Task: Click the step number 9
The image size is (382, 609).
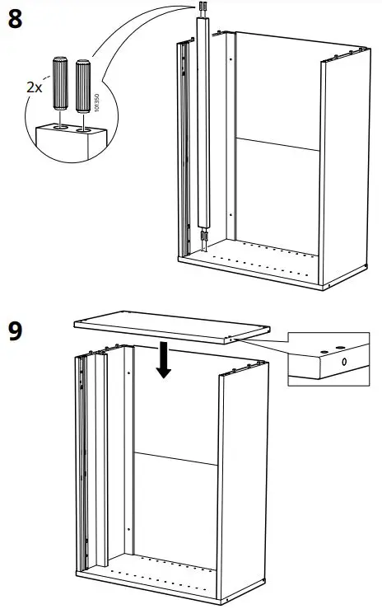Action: tap(15, 332)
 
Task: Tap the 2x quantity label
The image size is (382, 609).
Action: tap(32, 85)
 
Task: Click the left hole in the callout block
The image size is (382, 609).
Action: tap(60, 128)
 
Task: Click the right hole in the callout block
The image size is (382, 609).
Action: tap(83, 129)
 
